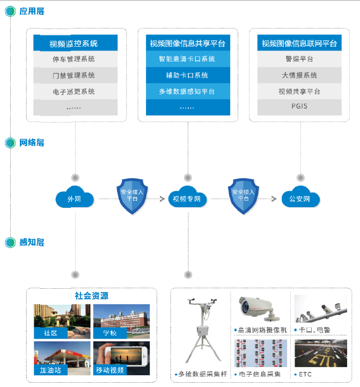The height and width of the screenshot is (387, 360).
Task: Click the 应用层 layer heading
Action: point(32,11)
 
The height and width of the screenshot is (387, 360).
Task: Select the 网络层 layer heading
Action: point(32,143)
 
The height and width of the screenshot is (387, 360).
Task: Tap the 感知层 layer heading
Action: point(32,243)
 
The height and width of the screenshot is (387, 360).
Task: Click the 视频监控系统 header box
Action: point(75,43)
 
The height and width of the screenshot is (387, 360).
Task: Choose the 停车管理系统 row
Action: point(75,59)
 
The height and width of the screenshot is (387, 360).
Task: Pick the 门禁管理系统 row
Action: point(75,75)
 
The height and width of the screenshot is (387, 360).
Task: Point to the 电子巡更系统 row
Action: point(75,91)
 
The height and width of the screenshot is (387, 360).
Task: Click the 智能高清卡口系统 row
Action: point(187,59)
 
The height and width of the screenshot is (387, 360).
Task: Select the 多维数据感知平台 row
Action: point(187,91)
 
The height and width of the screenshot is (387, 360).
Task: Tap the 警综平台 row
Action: point(299,59)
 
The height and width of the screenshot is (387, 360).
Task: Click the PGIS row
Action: point(299,107)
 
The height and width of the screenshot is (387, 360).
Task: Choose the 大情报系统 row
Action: point(299,75)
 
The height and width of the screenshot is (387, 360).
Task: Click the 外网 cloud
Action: point(75,199)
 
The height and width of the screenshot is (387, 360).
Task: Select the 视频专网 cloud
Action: point(187,199)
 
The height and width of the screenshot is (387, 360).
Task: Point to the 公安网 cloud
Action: point(300,199)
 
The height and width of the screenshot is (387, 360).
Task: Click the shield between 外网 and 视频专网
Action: point(132,196)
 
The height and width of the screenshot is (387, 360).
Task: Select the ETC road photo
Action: point(320,354)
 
